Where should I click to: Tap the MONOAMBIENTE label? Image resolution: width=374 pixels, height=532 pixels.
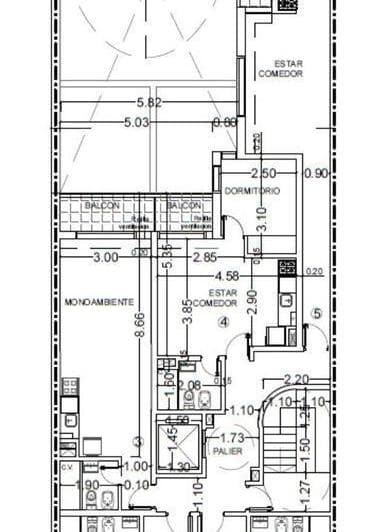[x=97, y=300]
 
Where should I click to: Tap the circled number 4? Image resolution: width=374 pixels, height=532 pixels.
[x=224, y=322]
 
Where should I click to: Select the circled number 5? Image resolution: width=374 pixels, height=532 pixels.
[x=317, y=312]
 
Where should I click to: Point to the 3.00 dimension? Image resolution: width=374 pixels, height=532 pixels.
[x=104, y=257]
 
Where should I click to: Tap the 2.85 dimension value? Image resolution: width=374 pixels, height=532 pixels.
[x=204, y=257]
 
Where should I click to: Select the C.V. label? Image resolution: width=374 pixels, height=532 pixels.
[x=68, y=466]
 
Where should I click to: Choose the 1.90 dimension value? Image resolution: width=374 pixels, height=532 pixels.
[x=89, y=486]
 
